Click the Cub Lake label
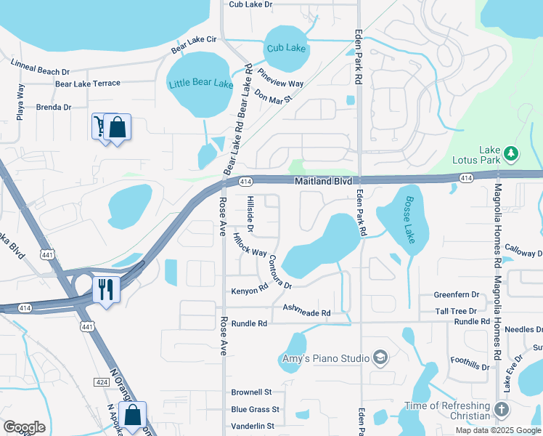click(x=286, y=48)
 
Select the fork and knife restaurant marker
click(x=106, y=289)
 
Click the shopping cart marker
click(x=99, y=126)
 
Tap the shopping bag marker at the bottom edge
click(x=133, y=416)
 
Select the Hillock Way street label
click(x=249, y=243)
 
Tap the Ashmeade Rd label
click(x=306, y=312)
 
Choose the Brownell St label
click(x=251, y=392)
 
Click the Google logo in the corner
click(x=24, y=427)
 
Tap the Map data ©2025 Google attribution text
click(x=497, y=430)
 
